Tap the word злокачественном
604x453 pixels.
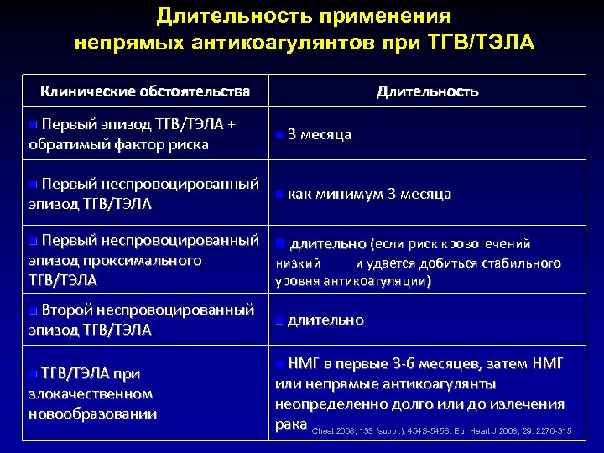tap(91, 393)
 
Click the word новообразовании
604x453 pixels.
tap(92, 413)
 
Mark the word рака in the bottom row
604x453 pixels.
tap(291, 424)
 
